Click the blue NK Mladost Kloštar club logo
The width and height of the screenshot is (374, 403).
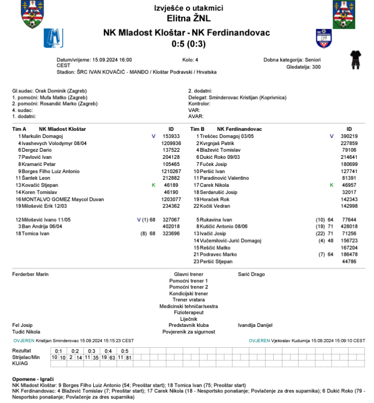53,38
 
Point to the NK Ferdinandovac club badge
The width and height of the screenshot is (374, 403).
324,38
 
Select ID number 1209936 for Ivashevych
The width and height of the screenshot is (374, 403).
171,144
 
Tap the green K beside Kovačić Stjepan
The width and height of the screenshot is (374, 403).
153,185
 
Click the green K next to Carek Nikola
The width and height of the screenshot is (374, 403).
332,185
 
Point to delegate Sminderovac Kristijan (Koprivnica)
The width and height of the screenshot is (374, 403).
248,97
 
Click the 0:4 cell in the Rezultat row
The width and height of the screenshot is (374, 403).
108,351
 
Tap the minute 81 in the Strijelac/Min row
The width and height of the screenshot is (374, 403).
129,357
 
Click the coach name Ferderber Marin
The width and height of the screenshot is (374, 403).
30,274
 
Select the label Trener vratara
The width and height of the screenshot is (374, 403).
189,300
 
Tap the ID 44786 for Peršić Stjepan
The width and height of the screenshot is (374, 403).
349,261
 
